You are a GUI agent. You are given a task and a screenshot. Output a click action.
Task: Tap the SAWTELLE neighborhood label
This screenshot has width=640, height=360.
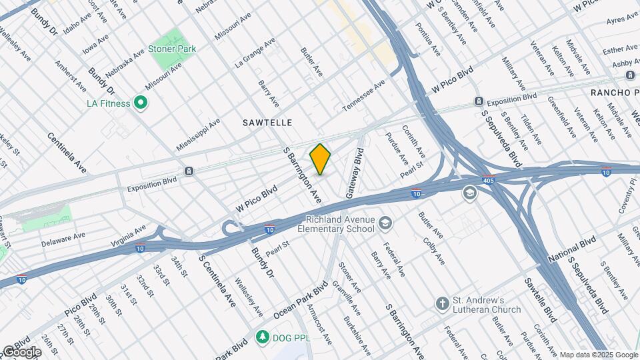267,123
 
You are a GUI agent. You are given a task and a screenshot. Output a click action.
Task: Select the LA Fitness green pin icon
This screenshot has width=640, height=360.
140,103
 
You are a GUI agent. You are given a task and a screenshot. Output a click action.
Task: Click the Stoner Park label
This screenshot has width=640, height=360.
173,49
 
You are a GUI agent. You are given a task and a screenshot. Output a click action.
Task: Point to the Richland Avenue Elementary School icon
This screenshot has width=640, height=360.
385,223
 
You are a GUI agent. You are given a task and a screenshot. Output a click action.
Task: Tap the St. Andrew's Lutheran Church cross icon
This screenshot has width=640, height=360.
441,304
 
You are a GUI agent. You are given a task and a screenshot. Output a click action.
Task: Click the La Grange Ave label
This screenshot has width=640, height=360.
255,53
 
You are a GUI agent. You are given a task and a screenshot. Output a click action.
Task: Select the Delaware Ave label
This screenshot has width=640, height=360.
65,236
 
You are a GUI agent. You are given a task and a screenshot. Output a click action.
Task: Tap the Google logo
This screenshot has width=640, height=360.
21,351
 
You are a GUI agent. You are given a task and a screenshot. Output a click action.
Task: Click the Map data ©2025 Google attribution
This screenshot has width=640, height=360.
597,355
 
